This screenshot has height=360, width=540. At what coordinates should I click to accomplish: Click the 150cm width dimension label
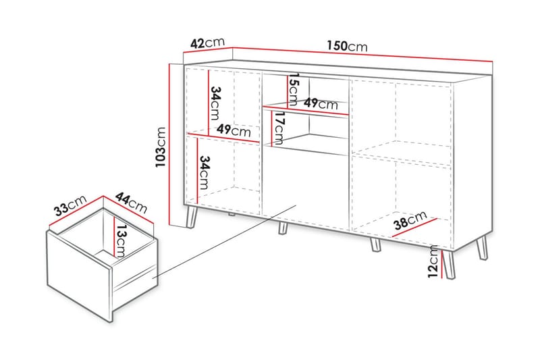(x=347, y=46)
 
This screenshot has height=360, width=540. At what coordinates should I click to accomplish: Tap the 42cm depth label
(x=207, y=43)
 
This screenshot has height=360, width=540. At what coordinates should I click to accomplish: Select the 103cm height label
(x=160, y=147)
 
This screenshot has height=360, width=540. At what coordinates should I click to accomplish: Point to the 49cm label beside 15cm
(x=320, y=104)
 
